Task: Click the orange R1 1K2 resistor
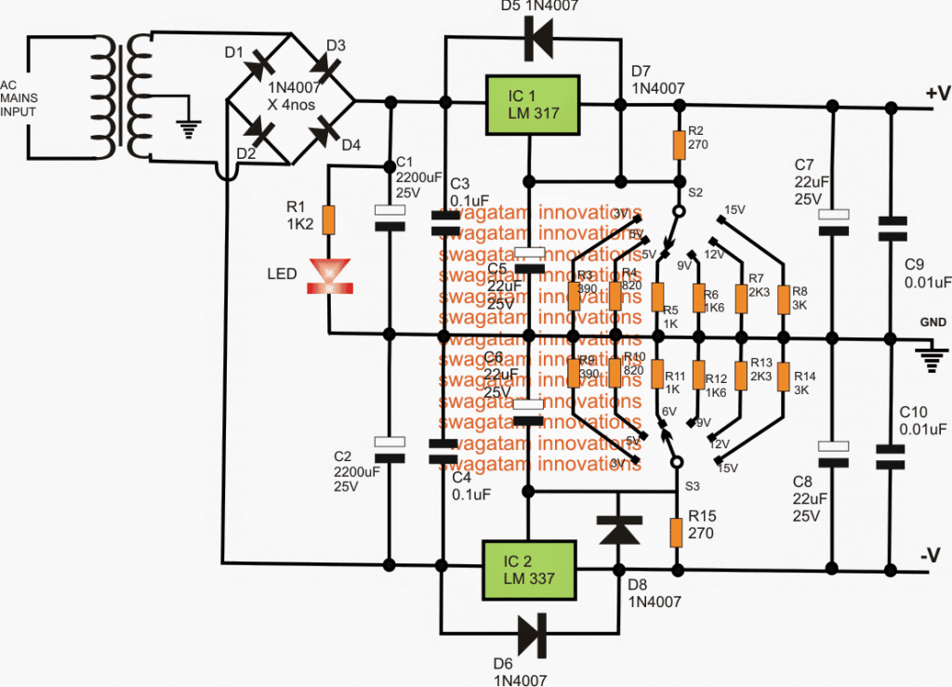328,219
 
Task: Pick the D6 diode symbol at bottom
533,635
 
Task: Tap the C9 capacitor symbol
891,227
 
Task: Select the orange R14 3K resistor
784,376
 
